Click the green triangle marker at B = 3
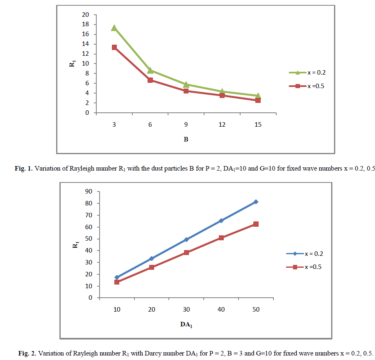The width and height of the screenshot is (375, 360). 114,28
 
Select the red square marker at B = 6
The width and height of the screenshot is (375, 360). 150,80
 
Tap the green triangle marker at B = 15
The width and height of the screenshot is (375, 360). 258,96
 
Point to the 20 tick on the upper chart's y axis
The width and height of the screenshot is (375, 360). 86,15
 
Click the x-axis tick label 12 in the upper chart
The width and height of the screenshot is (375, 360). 222,124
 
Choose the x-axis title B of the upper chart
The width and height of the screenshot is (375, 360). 186,139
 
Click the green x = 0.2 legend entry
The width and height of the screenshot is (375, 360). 307,73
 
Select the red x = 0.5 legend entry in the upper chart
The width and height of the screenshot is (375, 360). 307,86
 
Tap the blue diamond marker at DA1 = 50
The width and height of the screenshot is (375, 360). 256,202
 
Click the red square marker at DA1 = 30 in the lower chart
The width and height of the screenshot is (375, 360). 186,253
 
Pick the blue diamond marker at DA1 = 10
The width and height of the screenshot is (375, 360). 117,278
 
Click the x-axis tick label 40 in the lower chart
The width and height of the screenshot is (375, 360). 221,309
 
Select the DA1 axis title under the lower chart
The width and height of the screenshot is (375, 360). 186,324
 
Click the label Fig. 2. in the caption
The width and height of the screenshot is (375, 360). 27,353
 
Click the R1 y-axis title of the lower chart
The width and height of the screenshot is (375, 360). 75,245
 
